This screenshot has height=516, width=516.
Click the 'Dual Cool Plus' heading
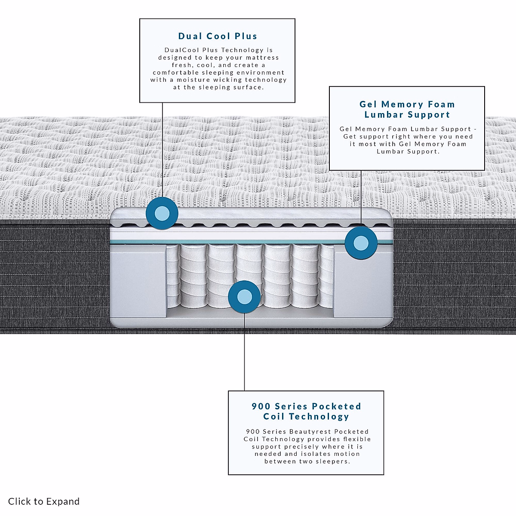point(218,36)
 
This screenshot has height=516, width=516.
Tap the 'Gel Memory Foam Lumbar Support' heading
point(407,109)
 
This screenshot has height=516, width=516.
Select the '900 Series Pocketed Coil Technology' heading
point(306,411)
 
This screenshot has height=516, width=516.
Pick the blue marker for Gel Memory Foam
point(361,243)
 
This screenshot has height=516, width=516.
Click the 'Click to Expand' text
point(44,501)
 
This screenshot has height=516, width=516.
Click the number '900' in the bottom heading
point(261,406)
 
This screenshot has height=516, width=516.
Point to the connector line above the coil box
point(244,353)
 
